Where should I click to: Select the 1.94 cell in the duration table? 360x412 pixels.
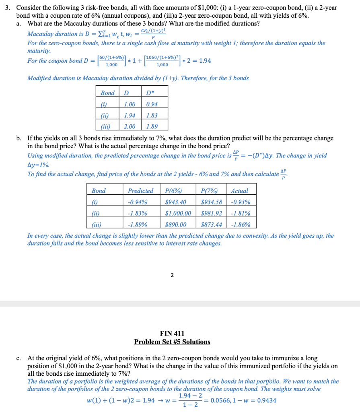click(x=129, y=115)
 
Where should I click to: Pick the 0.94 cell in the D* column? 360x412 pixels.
click(x=152, y=104)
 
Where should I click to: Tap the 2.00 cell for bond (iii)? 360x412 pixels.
click(x=129, y=126)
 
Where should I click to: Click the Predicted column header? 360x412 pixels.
click(x=140, y=191)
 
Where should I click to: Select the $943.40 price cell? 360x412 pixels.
click(x=176, y=202)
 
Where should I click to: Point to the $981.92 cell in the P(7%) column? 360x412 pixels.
click(x=211, y=213)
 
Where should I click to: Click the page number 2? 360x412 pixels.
click(x=172, y=275)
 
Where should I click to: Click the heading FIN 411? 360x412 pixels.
click(x=172, y=334)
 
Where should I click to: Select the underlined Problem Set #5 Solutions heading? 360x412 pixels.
click(x=172, y=342)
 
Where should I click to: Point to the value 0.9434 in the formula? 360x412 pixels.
click(x=267, y=400)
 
